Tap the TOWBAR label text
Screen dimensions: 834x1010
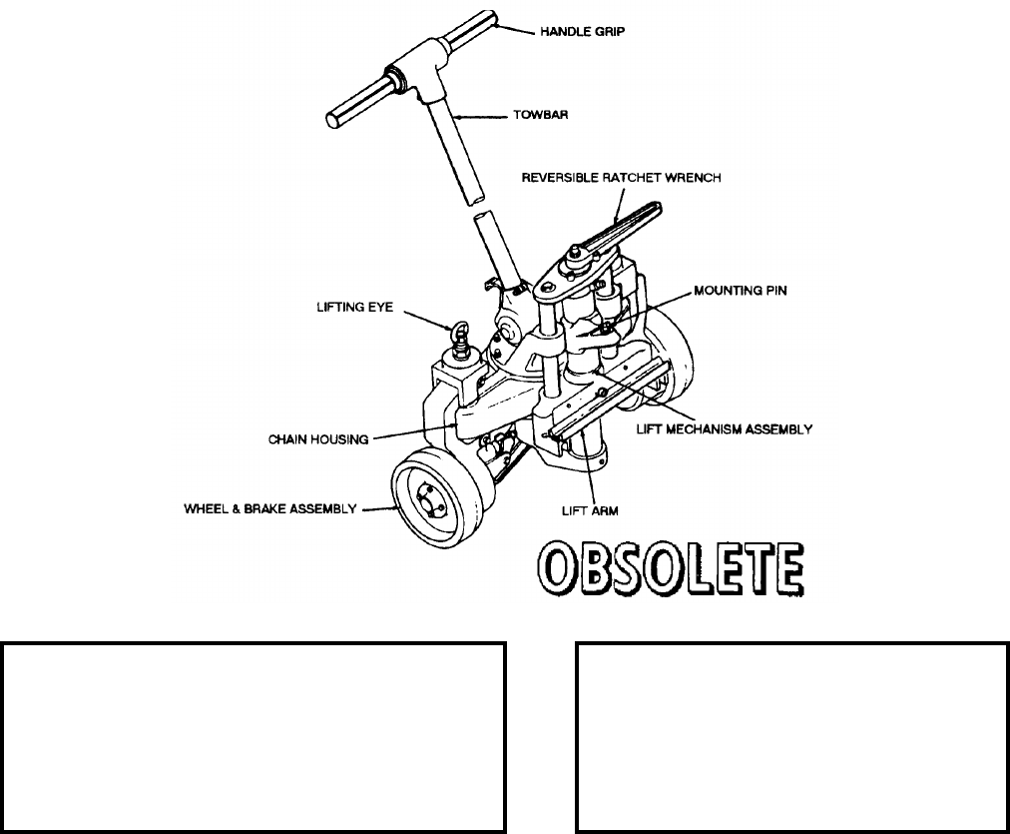[x=549, y=116]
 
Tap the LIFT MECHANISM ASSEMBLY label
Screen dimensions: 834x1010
[x=726, y=429]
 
